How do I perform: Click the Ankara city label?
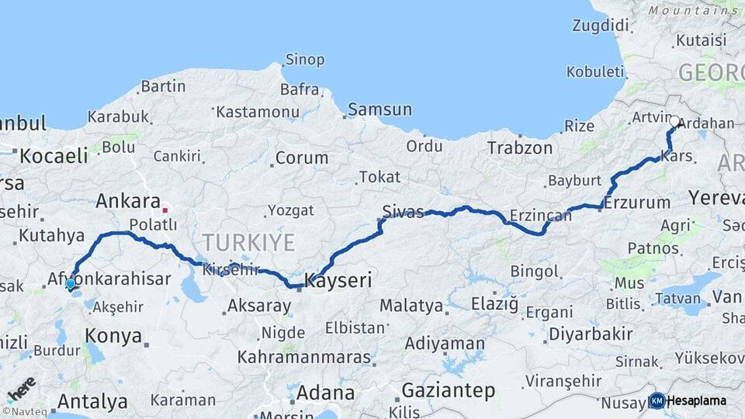[x=127, y=202]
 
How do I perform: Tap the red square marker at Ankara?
[x=165, y=209]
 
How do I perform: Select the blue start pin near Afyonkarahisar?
[x=71, y=284]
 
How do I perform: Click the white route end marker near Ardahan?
[x=674, y=122]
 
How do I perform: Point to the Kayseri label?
[x=338, y=280]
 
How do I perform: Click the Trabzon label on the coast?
[x=520, y=147]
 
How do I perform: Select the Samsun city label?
[x=379, y=109]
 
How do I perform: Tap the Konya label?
[x=114, y=337]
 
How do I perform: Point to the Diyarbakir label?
[x=592, y=334]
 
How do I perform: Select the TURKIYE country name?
[x=248, y=243]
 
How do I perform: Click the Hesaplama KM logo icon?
[x=657, y=400]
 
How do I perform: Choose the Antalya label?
[x=92, y=402]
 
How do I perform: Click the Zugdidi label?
[x=600, y=26]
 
